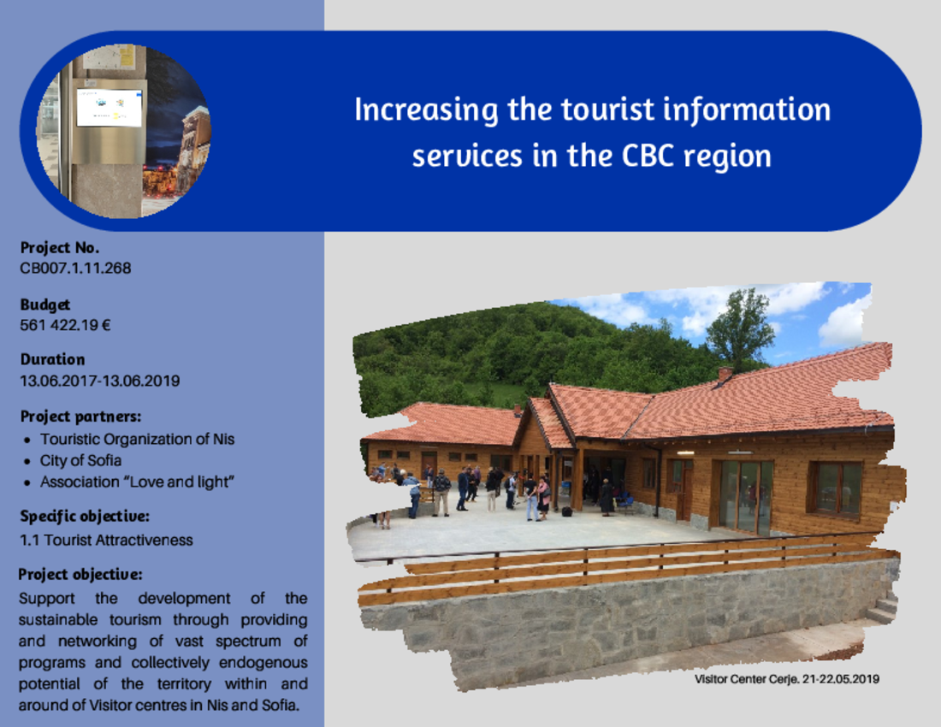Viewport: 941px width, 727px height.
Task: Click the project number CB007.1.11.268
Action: point(75,268)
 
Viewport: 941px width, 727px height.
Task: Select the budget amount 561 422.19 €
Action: point(65,325)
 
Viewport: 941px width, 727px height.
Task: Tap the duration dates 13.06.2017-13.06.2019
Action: point(99,381)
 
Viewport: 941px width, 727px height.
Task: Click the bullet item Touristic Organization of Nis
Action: point(137,439)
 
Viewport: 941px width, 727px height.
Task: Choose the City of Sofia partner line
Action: point(80,461)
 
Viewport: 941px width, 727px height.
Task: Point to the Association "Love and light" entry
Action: point(137,482)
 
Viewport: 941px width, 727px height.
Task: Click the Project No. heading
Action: point(59,248)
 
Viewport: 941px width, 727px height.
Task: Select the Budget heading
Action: point(45,304)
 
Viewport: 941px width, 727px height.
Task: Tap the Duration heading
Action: point(52,359)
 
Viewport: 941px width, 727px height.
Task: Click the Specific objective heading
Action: point(85,517)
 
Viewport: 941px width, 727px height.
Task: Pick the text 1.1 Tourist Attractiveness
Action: point(106,541)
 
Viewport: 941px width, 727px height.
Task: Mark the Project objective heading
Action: point(80,575)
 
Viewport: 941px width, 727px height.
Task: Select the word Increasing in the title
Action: point(426,110)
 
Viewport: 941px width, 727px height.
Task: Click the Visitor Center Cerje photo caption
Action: point(787,679)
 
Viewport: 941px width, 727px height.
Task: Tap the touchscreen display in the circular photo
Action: point(109,108)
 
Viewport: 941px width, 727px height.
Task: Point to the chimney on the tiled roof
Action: point(725,375)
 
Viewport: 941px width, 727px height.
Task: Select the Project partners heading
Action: point(80,417)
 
